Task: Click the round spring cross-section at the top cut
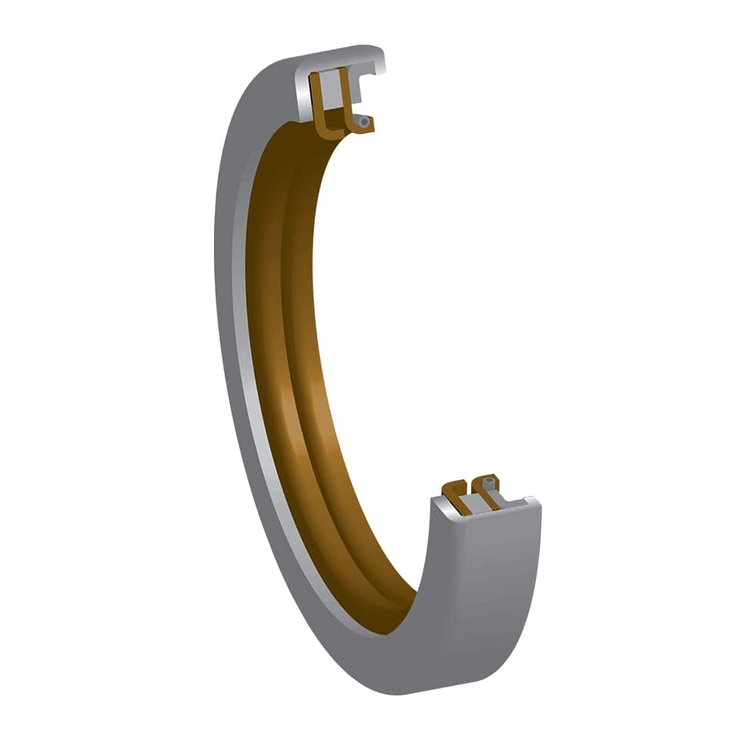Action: coord(364,121)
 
